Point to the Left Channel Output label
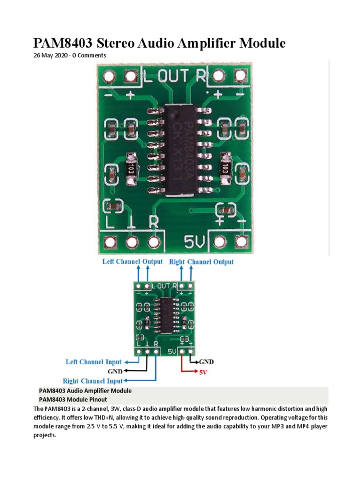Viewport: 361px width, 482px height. coord(132,261)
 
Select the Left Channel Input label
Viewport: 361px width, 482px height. coord(93,362)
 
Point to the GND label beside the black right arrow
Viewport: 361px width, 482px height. coord(206,362)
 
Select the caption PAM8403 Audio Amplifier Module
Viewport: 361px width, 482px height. coord(85,391)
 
